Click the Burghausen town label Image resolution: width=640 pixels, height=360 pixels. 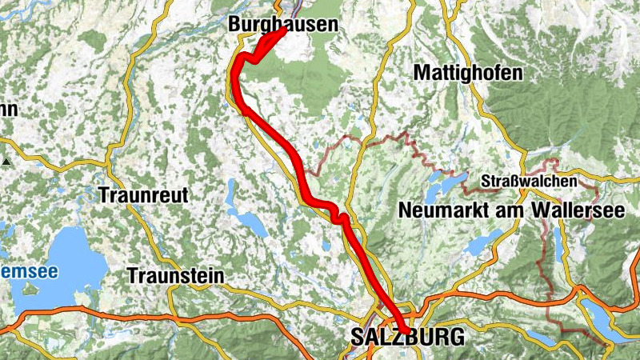pos(283,25)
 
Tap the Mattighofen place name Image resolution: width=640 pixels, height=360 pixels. pos(468,73)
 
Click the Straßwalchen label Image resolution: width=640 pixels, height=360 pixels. pos(529,182)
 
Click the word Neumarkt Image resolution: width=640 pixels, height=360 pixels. pos(439,210)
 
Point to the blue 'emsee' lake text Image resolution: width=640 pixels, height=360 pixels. pos(29,272)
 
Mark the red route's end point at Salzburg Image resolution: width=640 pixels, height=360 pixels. pos(406,330)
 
